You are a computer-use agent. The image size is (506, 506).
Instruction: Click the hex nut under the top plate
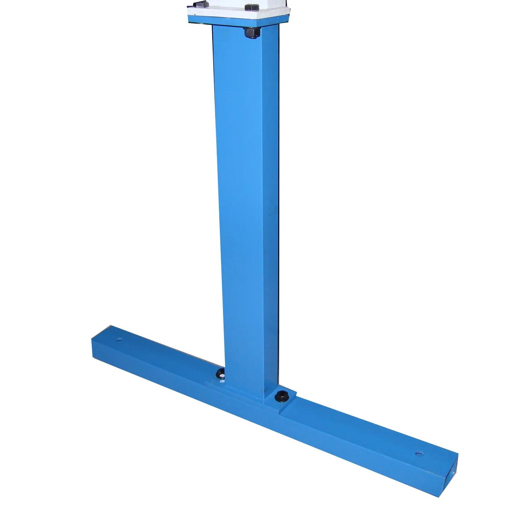[x=251, y=33]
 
